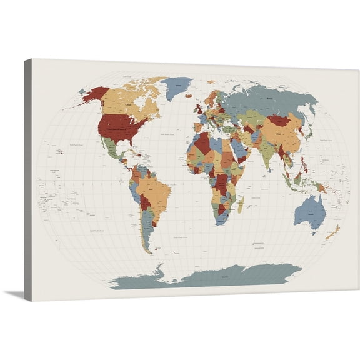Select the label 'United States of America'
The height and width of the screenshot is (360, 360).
[117, 127]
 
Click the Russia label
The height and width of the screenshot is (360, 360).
[270, 98]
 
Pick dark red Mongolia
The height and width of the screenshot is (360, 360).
[279, 119]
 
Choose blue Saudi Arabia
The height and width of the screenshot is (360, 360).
[238, 149]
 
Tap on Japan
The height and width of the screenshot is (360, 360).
[308, 132]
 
